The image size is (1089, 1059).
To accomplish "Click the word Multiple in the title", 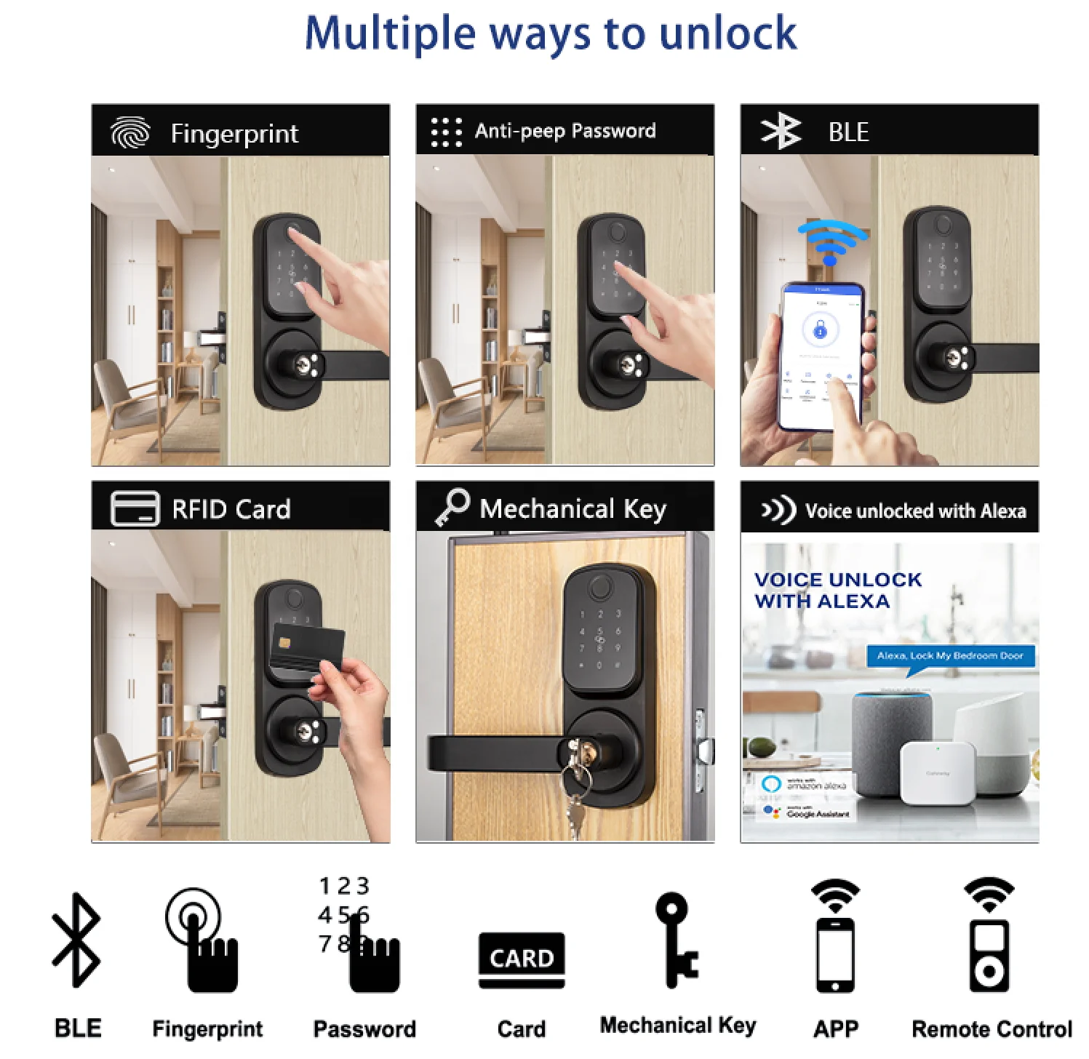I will coord(390,33).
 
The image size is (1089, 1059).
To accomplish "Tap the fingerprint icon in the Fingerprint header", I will coord(130,132).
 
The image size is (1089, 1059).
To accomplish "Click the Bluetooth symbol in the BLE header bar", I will coord(781,132).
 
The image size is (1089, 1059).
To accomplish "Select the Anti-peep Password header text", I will coord(565,131).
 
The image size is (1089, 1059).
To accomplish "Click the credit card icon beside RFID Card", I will coord(135,508).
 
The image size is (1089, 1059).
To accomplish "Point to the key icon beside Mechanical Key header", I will coord(452,506).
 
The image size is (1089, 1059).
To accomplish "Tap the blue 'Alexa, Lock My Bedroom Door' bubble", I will coord(949,656).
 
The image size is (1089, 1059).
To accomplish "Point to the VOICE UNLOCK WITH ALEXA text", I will coord(837,591).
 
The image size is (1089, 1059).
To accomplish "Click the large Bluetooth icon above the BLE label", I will coord(76,940).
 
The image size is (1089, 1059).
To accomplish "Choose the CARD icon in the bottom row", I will coord(522,959).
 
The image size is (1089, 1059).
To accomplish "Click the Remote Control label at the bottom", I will coord(991,1028).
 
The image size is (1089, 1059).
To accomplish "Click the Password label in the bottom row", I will coord(364,1028).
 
